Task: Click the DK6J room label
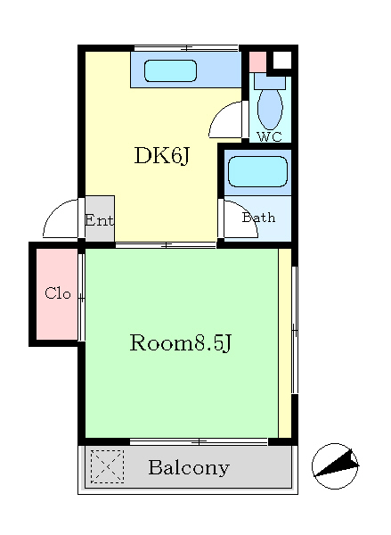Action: (x=161, y=156)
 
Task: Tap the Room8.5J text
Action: (x=181, y=343)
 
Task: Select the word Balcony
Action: (x=189, y=468)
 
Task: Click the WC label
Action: (x=270, y=136)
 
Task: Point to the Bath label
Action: (x=258, y=218)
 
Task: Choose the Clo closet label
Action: (x=58, y=293)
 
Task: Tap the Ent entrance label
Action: (x=99, y=220)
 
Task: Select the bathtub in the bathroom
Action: (x=257, y=171)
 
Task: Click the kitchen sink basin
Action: (x=170, y=71)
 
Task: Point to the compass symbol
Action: (x=335, y=466)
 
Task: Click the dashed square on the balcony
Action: (x=107, y=466)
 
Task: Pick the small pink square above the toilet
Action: (x=257, y=62)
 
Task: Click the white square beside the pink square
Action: (x=282, y=61)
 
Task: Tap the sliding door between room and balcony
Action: (x=200, y=442)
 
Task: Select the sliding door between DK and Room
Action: (x=166, y=245)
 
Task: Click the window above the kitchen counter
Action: (x=186, y=48)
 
